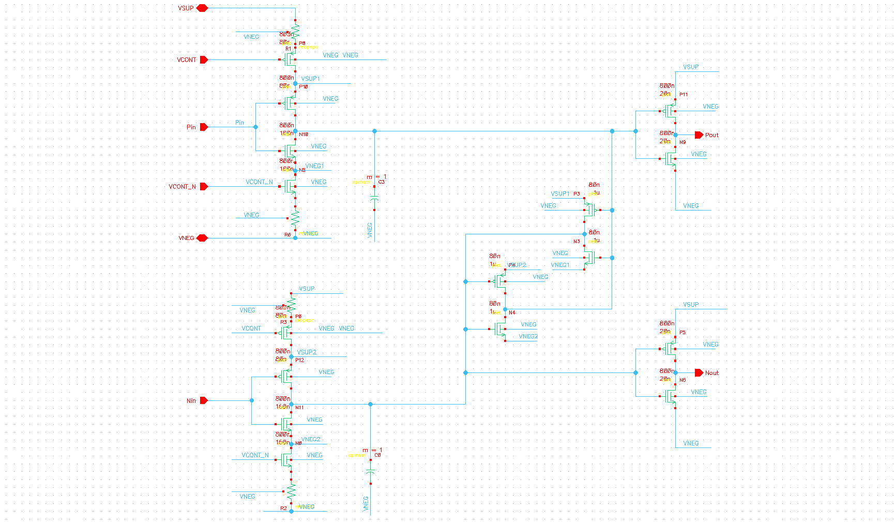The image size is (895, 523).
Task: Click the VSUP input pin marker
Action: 202,8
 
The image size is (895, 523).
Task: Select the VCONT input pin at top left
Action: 204,60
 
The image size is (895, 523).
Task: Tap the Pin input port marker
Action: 204,127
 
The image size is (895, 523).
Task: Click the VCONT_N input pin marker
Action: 204,187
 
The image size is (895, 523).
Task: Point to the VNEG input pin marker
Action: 202,238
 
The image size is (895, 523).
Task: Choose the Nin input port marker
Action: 204,401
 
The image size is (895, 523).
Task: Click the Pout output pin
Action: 699,135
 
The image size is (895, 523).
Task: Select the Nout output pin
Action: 699,373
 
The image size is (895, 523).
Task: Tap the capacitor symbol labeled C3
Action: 375,199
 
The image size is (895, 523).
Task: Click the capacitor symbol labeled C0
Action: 371,472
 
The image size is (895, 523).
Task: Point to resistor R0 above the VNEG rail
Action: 295,218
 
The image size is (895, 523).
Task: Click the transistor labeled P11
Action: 671,111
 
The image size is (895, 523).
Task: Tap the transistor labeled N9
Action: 671,158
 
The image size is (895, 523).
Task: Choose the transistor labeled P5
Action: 671,349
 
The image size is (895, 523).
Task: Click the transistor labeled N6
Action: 671,396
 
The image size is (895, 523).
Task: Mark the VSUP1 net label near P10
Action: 311,79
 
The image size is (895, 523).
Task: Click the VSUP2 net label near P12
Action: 307,352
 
